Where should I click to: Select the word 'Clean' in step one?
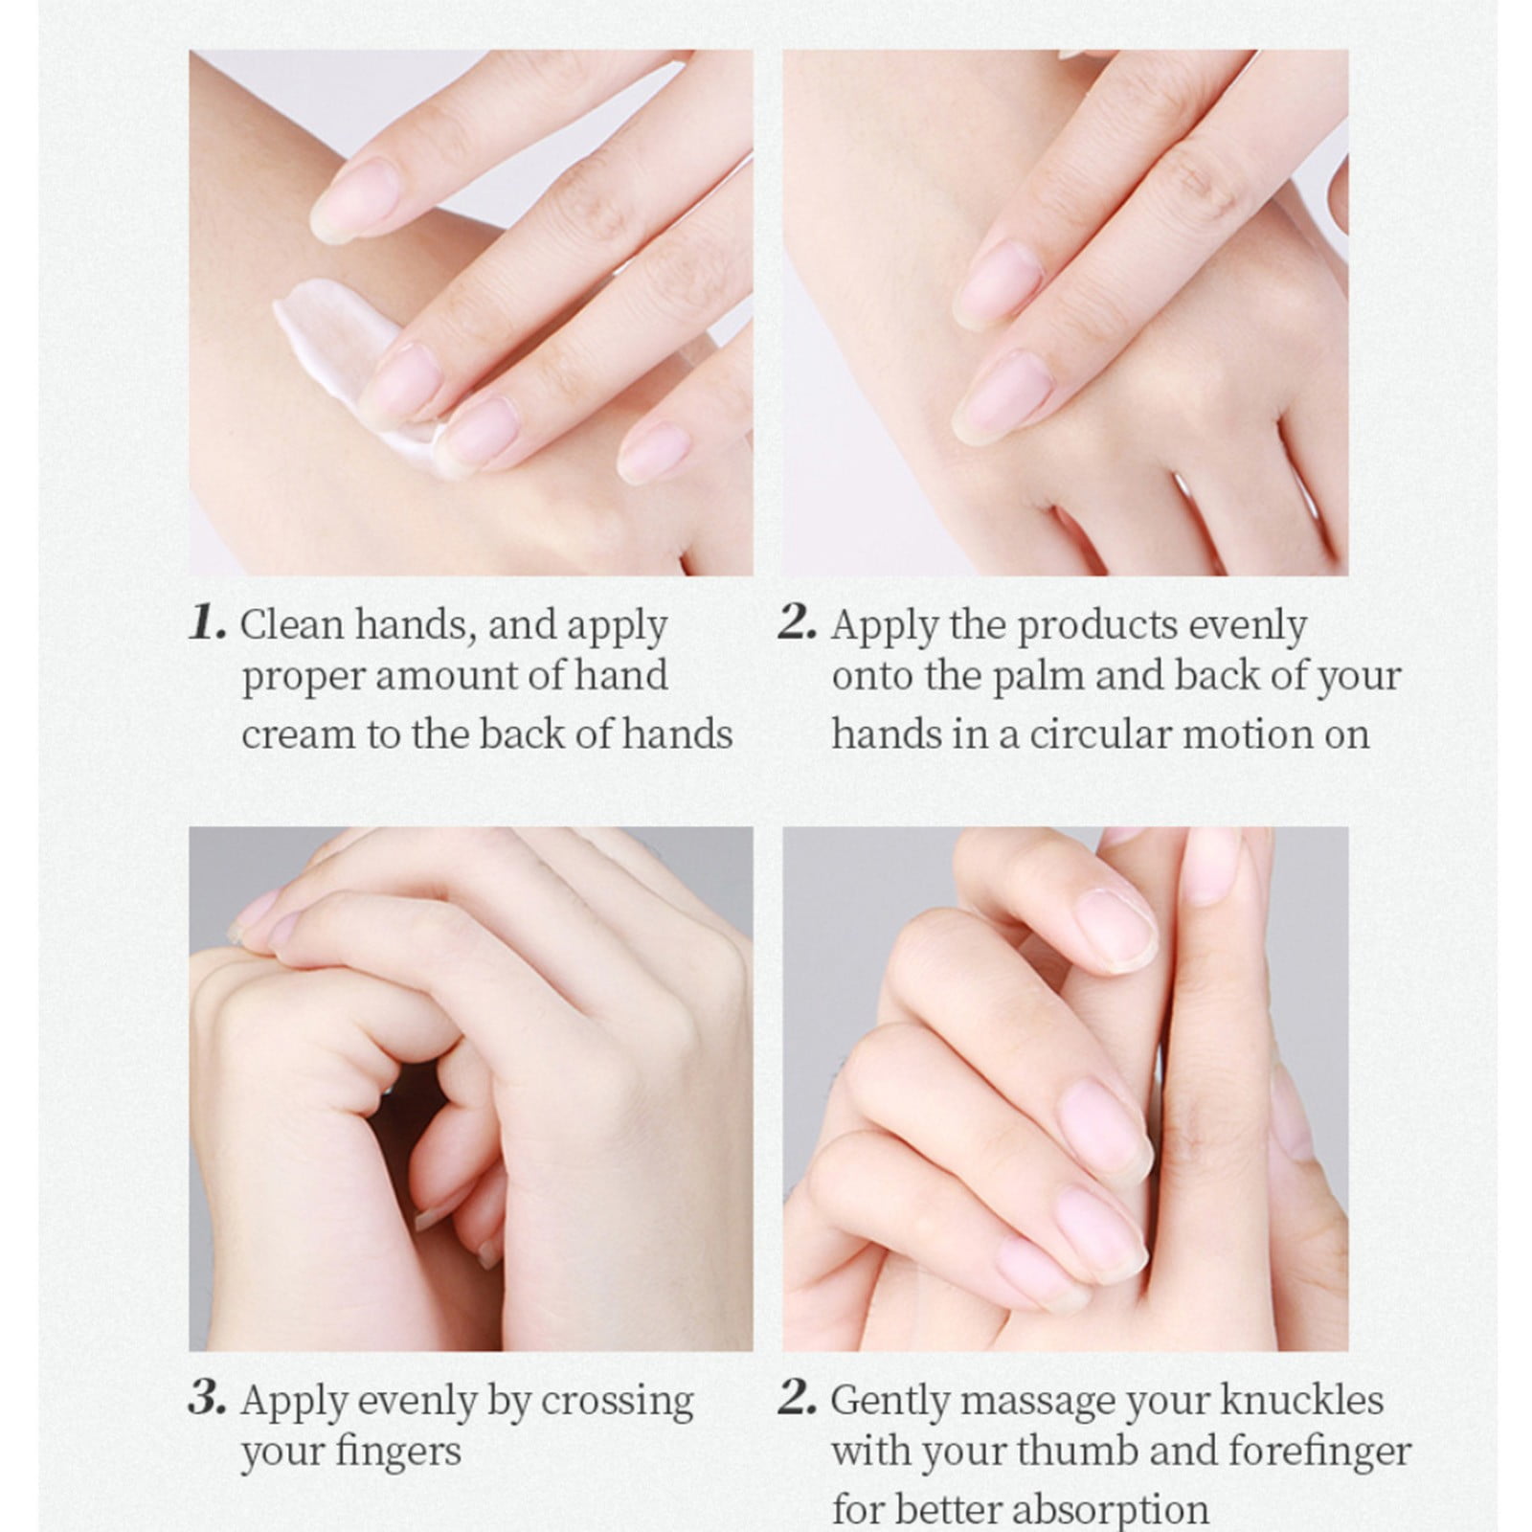[x=292, y=625]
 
